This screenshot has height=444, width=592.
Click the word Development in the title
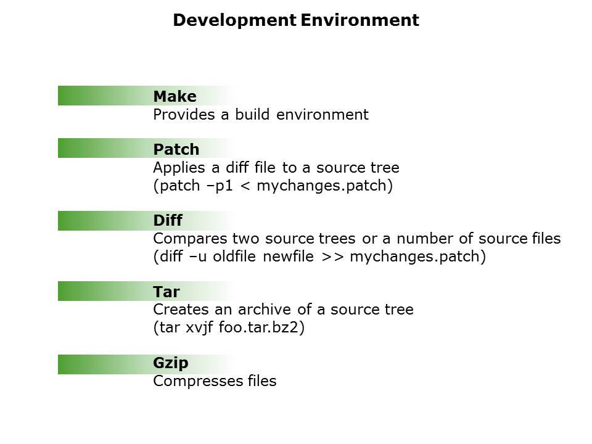point(234,20)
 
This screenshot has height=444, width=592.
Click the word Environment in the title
point(360,20)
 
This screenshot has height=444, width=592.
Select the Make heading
point(175,96)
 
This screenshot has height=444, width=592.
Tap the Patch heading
point(176,149)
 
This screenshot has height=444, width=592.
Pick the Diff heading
point(168,220)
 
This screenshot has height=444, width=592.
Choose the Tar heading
point(166,292)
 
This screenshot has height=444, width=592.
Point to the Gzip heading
point(171,363)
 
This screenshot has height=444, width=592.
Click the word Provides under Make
point(184,115)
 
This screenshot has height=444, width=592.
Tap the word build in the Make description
point(252,115)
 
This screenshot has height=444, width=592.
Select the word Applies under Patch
point(179,168)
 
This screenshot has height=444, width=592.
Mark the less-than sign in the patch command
point(245,186)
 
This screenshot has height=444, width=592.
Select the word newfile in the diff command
point(288,257)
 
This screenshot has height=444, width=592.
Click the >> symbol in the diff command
point(332,257)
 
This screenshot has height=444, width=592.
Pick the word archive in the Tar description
point(265,310)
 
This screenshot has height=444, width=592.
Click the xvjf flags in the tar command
point(199,327)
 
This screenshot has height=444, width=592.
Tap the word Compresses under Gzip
point(198,381)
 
